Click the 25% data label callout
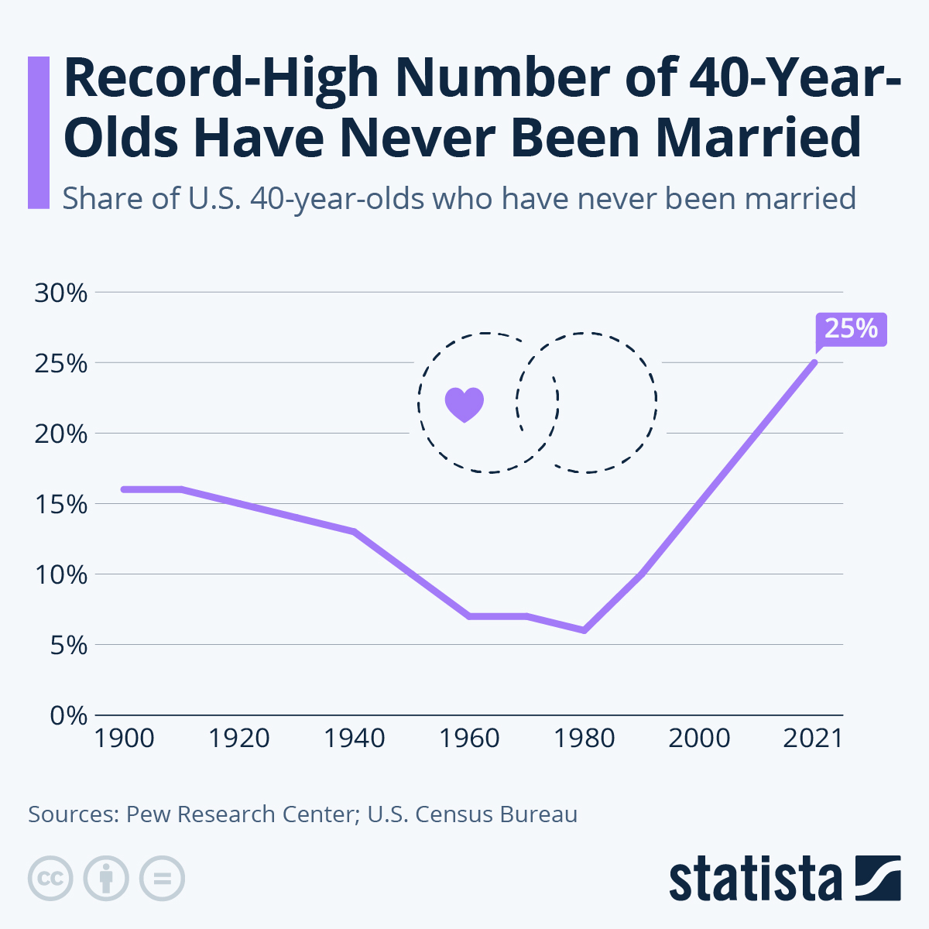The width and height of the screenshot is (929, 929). click(x=851, y=329)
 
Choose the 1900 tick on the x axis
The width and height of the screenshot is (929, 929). click(x=124, y=739)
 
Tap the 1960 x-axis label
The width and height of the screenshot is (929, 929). click(x=469, y=739)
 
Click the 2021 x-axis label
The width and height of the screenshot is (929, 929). click(x=813, y=739)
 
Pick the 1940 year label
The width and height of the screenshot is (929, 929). click(x=354, y=739)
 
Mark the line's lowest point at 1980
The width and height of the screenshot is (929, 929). click(x=584, y=630)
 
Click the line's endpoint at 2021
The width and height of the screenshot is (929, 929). click(x=814, y=362)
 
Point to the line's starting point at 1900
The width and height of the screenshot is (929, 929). click(x=124, y=489)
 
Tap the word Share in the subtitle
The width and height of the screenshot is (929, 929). click(x=101, y=199)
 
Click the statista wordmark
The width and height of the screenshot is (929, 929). click(x=755, y=879)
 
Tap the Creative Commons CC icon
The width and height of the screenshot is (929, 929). click(x=50, y=879)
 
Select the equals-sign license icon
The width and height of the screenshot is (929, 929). click(x=162, y=879)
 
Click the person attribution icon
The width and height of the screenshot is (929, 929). click(x=106, y=879)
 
